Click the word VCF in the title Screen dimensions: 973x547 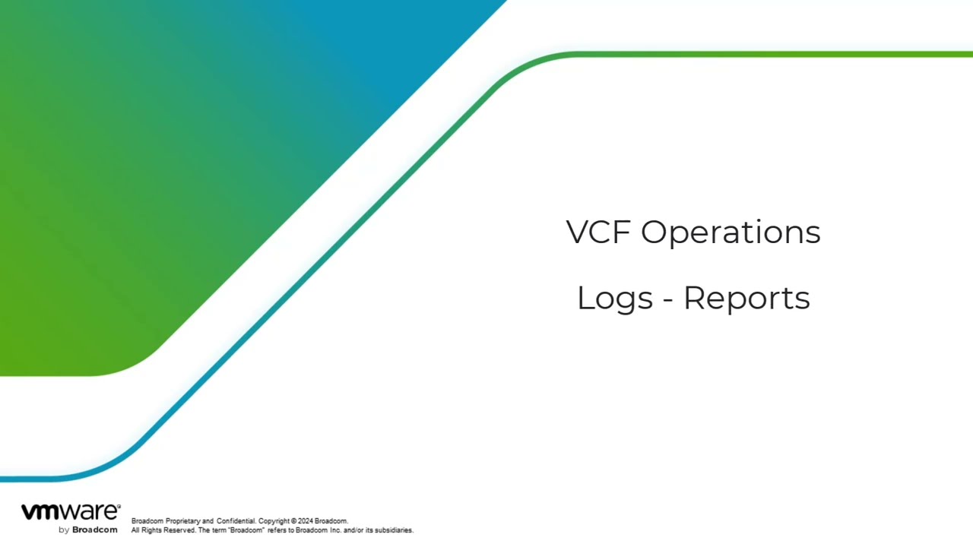point(598,232)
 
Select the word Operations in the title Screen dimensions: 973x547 point(731,233)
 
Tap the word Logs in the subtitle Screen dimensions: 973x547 point(615,299)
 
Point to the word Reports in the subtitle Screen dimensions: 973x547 point(747,299)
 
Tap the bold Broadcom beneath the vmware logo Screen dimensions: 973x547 point(95,530)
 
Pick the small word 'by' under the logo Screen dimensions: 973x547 point(64,530)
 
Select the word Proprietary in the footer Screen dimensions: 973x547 point(183,521)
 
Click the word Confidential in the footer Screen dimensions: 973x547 point(236,521)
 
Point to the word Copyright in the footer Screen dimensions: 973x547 point(274,521)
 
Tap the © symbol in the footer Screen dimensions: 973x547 point(293,521)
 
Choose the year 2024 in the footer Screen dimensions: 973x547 point(306,521)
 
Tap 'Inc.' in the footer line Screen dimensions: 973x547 point(335,530)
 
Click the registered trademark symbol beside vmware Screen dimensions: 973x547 point(119,506)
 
